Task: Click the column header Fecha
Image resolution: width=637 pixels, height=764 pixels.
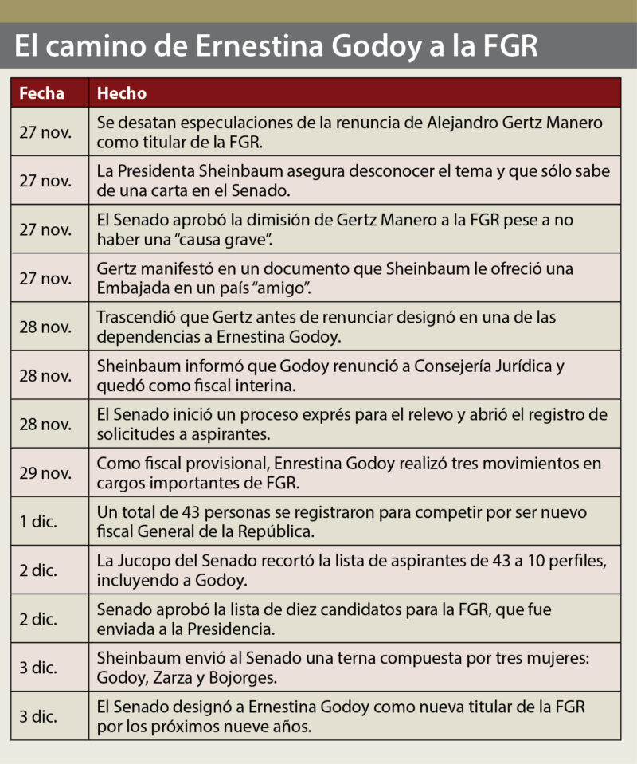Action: tap(41, 93)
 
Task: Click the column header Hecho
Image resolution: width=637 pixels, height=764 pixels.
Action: tap(122, 93)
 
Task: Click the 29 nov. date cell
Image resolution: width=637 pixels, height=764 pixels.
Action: tap(45, 472)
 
